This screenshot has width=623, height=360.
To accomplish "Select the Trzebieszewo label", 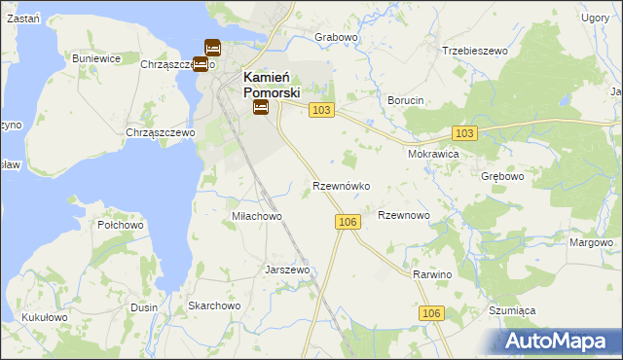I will point(476,50).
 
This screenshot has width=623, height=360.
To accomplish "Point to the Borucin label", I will point(406,100).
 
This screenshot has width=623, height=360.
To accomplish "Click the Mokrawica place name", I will point(433,154).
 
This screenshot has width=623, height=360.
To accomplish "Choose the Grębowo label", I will point(502,177).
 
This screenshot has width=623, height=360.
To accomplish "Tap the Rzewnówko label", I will point(340,185).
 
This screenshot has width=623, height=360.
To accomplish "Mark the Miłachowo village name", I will point(256,216).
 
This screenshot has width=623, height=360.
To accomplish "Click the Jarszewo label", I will point(287,270).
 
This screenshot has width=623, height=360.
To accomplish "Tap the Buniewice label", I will point(96,58).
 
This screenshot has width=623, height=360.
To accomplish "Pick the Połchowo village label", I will point(121,225).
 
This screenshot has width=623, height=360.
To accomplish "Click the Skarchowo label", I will point(214,306).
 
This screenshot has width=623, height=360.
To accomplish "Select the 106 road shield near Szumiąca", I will point(433,313).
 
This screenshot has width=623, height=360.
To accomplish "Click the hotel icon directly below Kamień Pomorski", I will point(261,108).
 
